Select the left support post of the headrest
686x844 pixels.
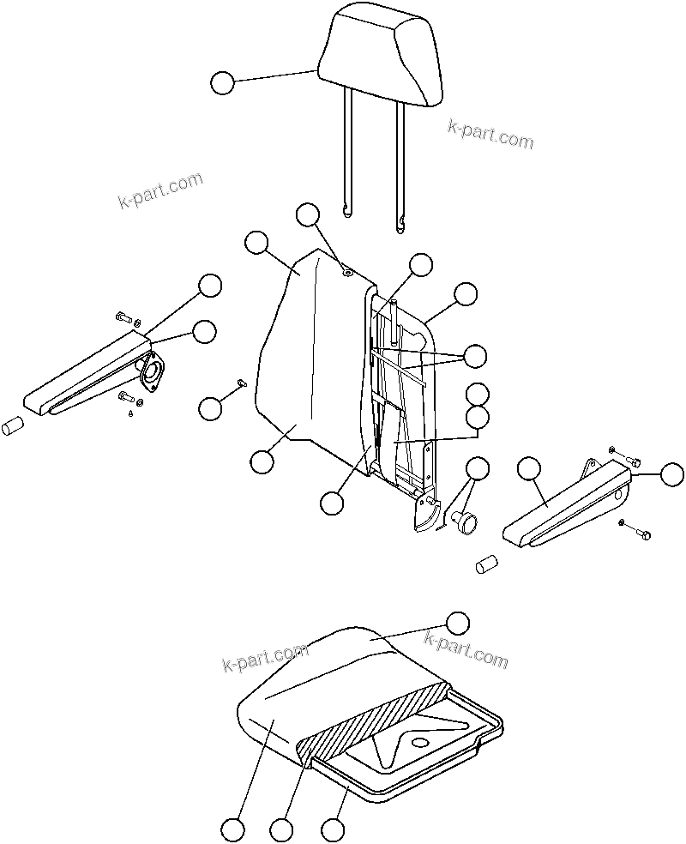click(x=346, y=154)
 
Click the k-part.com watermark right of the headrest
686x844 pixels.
click(x=490, y=134)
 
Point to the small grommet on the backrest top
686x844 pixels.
click(x=346, y=272)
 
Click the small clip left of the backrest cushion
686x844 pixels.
click(x=241, y=383)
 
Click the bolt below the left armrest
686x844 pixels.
click(x=128, y=397)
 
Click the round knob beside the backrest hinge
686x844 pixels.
click(x=466, y=521)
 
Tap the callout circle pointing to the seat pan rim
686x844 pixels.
click(x=333, y=829)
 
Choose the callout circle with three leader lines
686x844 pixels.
click(x=474, y=355)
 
